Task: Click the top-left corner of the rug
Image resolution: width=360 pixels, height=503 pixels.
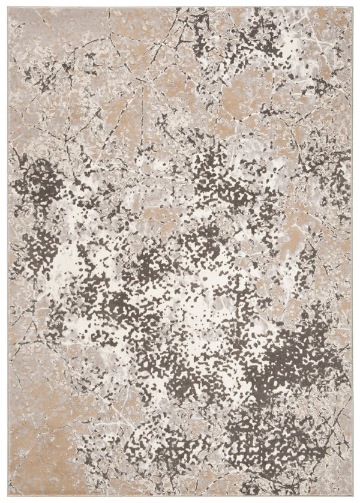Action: (9, 7)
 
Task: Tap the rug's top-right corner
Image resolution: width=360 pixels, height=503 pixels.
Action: (352, 7)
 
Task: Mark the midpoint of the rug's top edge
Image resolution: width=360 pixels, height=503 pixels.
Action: (180, 7)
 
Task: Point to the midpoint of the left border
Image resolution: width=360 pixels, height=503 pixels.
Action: (9, 252)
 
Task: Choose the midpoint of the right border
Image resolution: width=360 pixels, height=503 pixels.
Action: (352, 252)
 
